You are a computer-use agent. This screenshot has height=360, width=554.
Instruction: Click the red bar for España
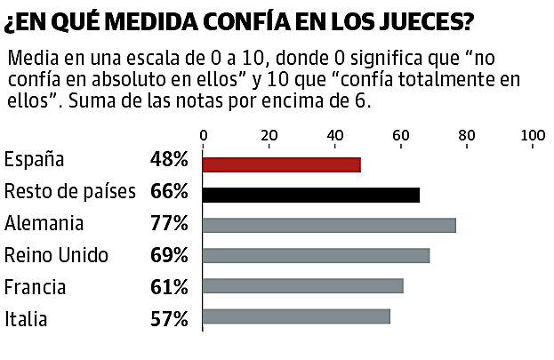tap(282, 164)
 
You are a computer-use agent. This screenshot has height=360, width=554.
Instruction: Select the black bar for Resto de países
tap(311, 196)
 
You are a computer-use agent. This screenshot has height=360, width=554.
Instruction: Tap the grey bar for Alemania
tap(329, 226)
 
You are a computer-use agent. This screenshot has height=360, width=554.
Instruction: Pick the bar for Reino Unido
tap(317, 256)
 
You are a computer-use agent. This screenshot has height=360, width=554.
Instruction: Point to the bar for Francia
tap(303, 286)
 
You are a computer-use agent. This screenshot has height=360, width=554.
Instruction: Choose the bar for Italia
tap(296, 316)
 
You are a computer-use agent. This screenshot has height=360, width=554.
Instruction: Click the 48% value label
tap(169, 161)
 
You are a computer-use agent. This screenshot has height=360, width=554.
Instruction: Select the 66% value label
tap(169, 192)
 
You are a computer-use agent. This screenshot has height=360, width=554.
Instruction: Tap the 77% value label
tap(169, 223)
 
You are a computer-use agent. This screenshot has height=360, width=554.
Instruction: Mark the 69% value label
tap(169, 256)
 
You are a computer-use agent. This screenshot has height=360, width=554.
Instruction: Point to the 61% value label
tap(169, 287)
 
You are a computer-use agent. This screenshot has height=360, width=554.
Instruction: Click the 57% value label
tap(169, 318)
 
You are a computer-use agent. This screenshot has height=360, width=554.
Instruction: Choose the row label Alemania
tap(44, 223)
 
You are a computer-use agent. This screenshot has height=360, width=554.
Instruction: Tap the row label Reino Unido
tap(57, 256)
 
